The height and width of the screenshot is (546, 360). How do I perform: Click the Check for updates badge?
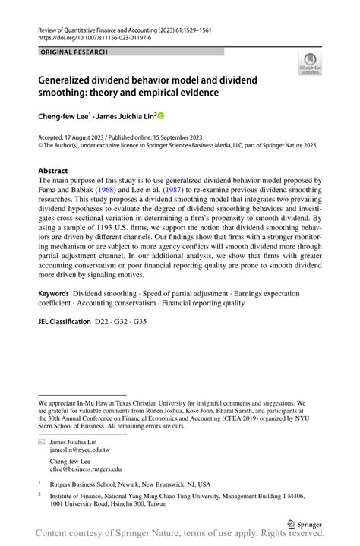click(310, 66)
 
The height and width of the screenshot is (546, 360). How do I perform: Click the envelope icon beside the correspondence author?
click(42, 441)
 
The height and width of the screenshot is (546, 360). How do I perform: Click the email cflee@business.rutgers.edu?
click(85, 469)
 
